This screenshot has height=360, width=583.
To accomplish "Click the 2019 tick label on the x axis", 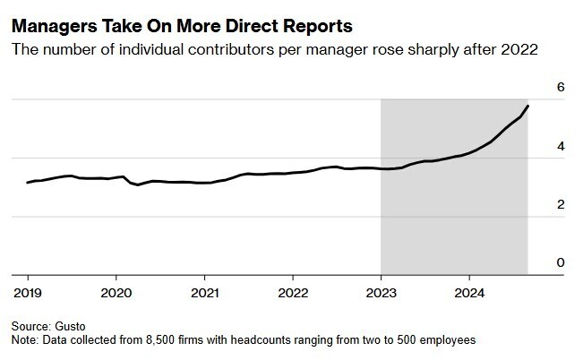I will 28,292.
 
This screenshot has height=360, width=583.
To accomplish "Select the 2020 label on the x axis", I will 116,292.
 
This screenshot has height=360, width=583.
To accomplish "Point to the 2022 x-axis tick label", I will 293,292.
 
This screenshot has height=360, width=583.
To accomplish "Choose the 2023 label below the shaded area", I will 382,292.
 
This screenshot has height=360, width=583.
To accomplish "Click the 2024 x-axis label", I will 469,292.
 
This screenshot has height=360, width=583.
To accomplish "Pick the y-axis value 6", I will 561,87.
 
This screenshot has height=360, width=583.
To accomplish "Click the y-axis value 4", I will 561,146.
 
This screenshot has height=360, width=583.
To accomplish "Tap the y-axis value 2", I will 561,205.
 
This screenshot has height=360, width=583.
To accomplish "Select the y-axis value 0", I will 561,263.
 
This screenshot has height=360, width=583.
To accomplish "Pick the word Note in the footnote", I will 24,340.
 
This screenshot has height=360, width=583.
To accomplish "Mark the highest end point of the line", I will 527,107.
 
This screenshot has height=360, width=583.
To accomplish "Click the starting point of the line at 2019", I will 28,183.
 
